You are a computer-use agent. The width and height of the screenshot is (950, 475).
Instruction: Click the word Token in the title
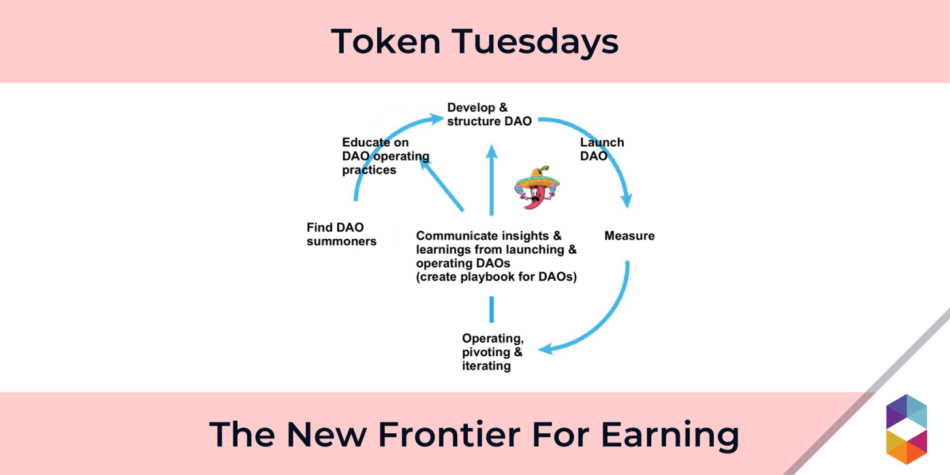pyautogui.click(x=380, y=42)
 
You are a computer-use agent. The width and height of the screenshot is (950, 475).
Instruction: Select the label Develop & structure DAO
pyautogui.click(x=489, y=114)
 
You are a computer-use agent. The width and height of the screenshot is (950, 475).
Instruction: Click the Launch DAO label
pyautogui.click(x=602, y=149)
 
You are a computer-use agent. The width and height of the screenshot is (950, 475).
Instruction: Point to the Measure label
pyautogui.click(x=629, y=236)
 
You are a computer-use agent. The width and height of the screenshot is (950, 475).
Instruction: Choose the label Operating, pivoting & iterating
pyautogui.click(x=493, y=352)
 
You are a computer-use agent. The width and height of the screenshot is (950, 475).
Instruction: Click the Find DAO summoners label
pyautogui.click(x=341, y=234)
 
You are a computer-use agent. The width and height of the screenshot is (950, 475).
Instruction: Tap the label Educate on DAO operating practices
pyautogui.click(x=385, y=156)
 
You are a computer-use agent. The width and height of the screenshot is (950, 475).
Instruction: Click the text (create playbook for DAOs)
pyautogui.click(x=497, y=277)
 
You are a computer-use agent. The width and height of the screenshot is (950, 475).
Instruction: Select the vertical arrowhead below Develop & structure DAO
pyautogui.click(x=492, y=153)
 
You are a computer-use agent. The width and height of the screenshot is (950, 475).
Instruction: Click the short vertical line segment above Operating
pyautogui.click(x=492, y=309)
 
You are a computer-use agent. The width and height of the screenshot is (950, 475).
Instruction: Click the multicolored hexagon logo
pyautogui.click(x=907, y=429)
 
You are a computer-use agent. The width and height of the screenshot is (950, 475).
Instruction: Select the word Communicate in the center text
pyautogui.click(x=456, y=236)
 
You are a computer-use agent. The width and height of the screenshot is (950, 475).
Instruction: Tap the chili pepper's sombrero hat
pyautogui.click(x=536, y=176)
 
